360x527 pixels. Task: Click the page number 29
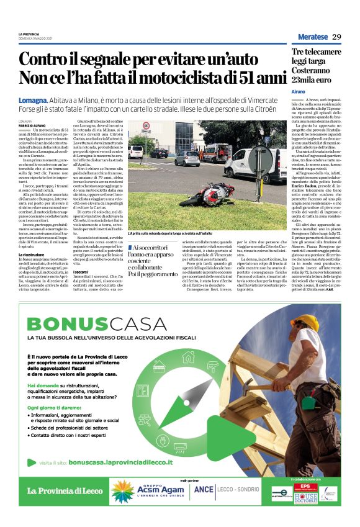click(x=337, y=37)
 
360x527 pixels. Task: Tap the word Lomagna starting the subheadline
click(x=33, y=100)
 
